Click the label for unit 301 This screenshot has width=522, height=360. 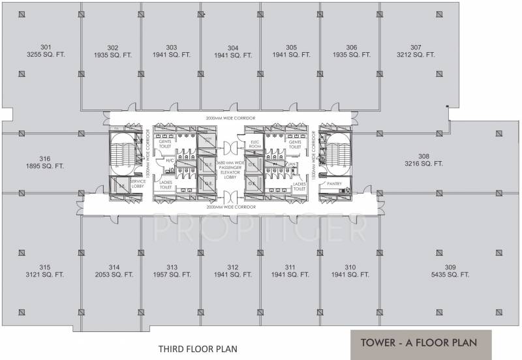point(46,47)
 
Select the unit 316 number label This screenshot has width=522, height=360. point(45,158)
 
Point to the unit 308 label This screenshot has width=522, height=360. point(423,156)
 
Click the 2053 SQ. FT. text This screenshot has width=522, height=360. point(114,275)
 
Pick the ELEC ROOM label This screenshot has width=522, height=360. point(255,145)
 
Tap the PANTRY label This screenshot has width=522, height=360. point(334,184)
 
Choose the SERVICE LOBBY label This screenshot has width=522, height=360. point(138,184)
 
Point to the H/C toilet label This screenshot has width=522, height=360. point(169,160)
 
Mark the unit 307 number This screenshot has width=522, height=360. point(416,47)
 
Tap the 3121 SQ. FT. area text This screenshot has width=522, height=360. point(45,275)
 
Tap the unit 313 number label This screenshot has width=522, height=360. point(172,267)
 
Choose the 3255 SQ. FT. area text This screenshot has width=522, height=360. point(46,55)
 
